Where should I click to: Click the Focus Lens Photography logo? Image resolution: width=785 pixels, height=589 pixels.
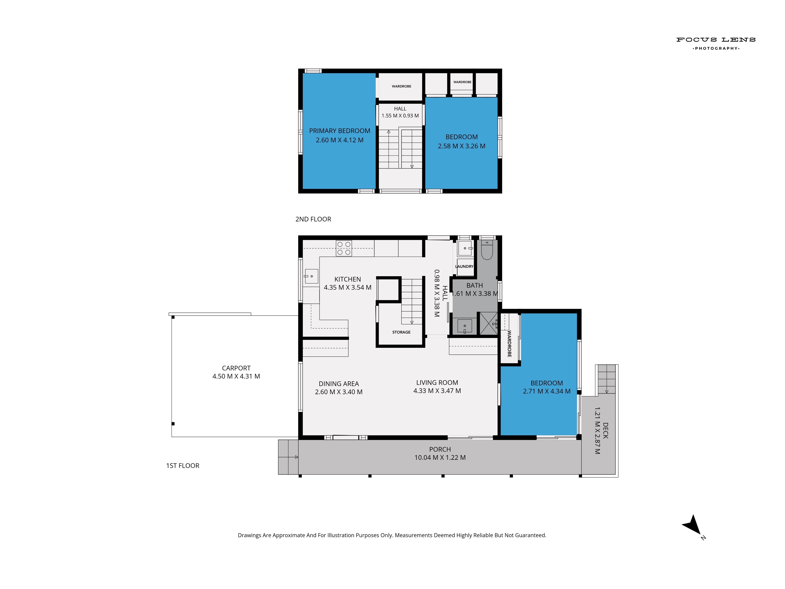click(x=716, y=44)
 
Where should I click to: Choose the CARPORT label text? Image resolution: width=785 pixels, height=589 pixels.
click(x=236, y=368)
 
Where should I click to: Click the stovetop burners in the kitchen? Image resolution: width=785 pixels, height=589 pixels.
click(x=344, y=248)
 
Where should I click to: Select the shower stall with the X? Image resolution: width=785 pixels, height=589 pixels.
click(x=489, y=323)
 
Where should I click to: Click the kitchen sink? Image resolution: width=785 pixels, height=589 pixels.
click(x=311, y=276)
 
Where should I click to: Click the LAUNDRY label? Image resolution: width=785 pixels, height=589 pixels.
click(x=464, y=266)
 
